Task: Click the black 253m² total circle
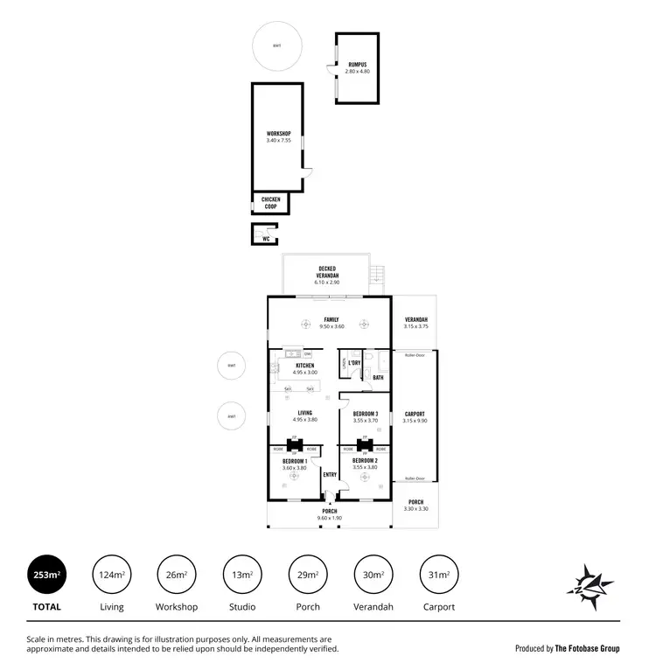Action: [x=46, y=575]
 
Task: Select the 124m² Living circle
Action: [x=112, y=575]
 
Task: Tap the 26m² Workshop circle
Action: [x=177, y=575]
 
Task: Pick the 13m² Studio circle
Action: [x=242, y=575]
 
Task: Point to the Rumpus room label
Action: [x=358, y=65]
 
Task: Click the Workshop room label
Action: [x=277, y=134]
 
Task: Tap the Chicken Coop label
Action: [x=271, y=203]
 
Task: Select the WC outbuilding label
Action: [x=266, y=238]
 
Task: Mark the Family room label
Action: [x=331, y=319]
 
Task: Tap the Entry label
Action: [x=330, y=475]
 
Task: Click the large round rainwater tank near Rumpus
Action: [x=276, y=45]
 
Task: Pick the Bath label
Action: [x=378, y=378]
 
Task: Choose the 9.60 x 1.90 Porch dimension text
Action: [x=329, y=518]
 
